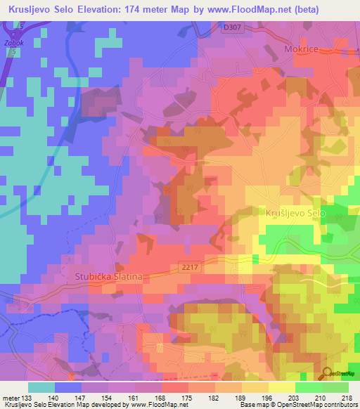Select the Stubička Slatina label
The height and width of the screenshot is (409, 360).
coord(108,277)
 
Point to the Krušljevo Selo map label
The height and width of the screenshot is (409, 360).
coord(295,212)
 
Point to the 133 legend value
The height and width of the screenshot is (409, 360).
coord(27,397)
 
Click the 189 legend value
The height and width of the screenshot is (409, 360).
coord(240,397)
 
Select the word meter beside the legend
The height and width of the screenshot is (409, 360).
coord(10,397)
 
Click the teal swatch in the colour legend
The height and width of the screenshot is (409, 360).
coord(41,387)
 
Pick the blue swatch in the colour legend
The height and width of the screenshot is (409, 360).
coord(68,387)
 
